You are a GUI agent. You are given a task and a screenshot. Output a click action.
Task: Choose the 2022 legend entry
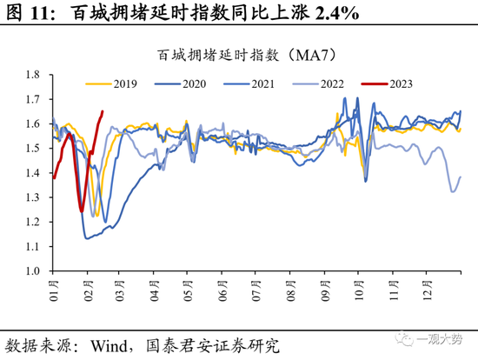click(x=329, y=83)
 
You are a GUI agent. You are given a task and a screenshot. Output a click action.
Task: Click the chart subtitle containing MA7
click(x=246, y=55)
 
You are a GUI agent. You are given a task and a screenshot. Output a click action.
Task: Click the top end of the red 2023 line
click(x=103, y=111)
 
